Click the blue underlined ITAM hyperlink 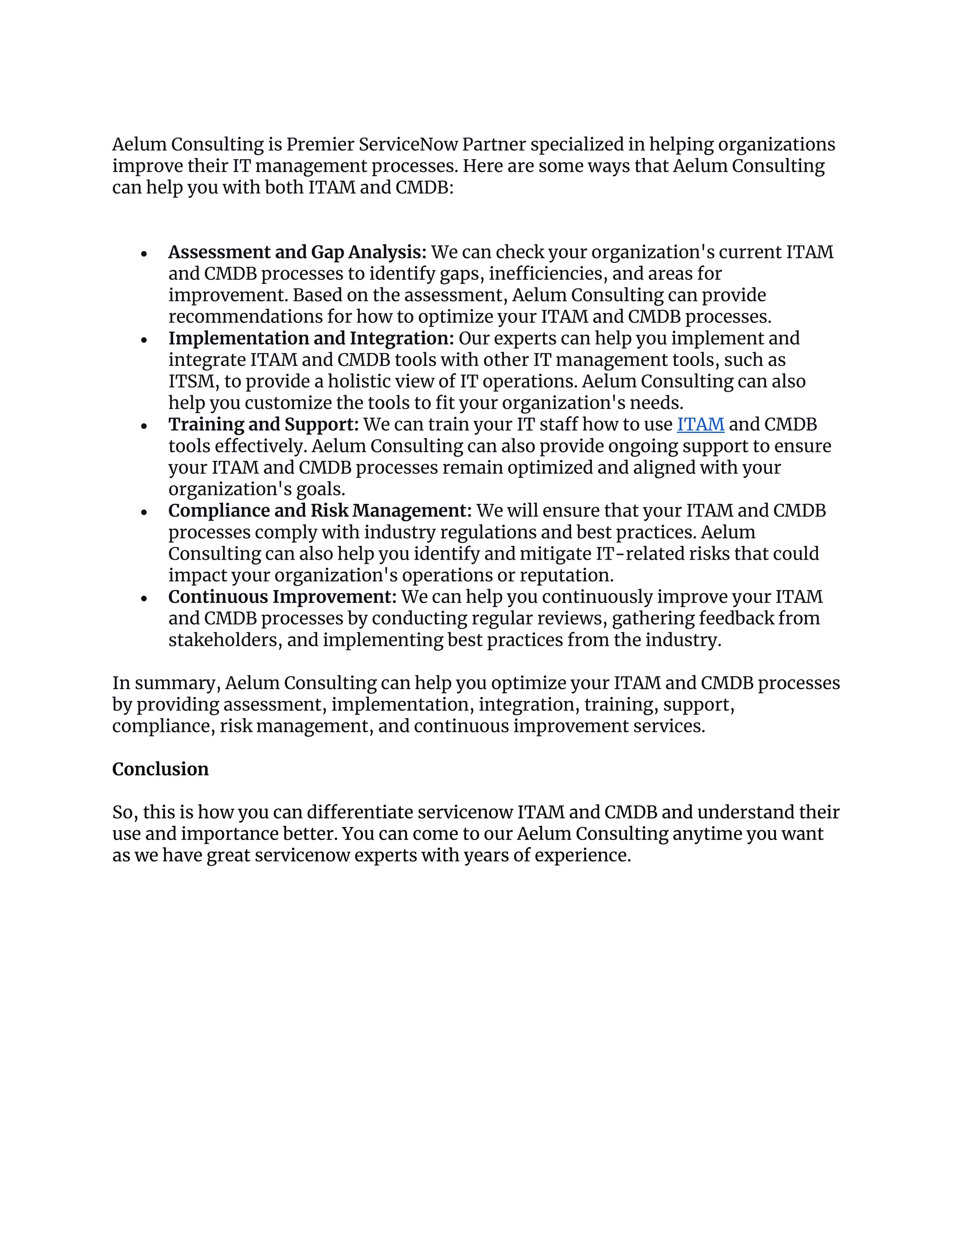click(700, 424)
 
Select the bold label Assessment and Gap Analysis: click(297, 252)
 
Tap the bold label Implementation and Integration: click(311, 339)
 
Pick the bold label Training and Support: click(263, 424)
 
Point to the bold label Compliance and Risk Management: click(320, 511)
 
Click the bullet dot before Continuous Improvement click(144, 598)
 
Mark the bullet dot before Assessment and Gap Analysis click(144, 254)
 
